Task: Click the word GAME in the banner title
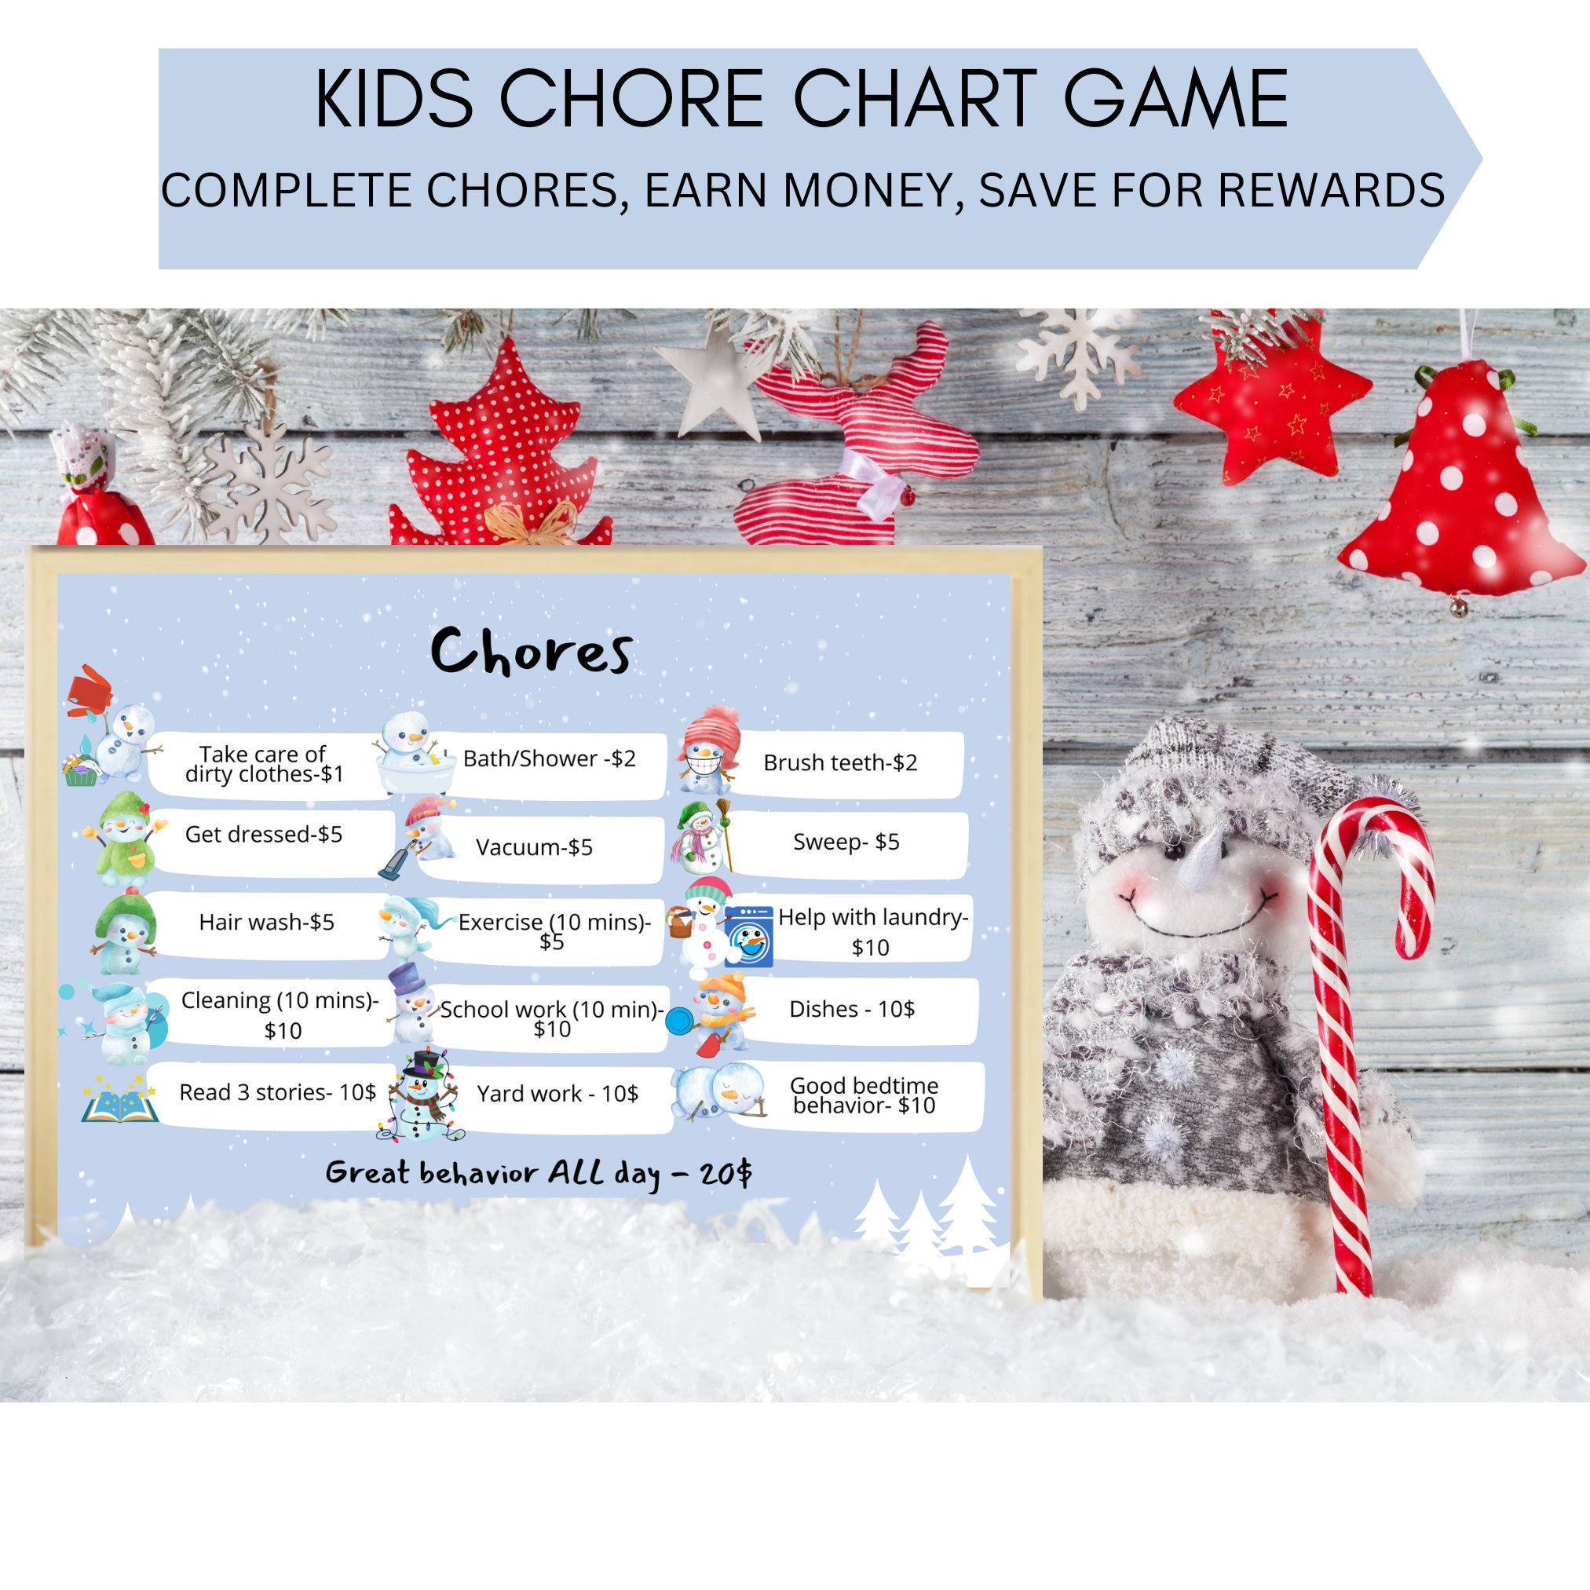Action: [1176, 101]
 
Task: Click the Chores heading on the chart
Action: [532, 652]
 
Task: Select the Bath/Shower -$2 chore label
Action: [549, 758]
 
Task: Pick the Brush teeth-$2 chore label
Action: [839, 763]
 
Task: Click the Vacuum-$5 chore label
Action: [534, 848]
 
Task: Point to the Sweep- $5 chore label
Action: [845, 842]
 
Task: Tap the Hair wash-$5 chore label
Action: [266, 922]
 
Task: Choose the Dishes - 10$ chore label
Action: [851, 1009]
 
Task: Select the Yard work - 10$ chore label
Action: [557, 1094]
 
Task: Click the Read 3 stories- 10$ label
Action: [277, 1092]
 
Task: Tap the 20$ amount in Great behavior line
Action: [725, 1174]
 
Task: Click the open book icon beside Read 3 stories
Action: [119, 1105]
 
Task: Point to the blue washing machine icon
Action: [749, 937]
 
